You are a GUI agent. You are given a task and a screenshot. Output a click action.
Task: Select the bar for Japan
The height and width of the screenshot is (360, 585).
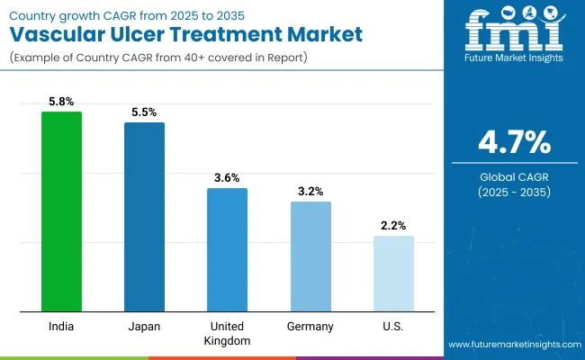click(144, 217)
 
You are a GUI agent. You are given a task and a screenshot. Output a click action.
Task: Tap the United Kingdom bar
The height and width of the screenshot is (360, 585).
click(227, 250)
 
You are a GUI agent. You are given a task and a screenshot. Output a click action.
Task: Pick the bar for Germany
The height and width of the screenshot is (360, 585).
click(310, 256)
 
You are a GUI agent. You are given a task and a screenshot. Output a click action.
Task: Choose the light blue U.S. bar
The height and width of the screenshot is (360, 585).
click(393, 274)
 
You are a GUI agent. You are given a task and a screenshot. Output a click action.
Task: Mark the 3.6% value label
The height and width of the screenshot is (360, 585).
click(227, 179)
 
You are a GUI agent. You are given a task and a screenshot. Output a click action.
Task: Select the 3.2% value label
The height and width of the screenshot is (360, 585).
click(310, 192)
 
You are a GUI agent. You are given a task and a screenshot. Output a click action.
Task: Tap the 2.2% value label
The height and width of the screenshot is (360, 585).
click(393, 226)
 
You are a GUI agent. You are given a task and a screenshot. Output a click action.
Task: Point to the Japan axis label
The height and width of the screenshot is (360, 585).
click(144, 326)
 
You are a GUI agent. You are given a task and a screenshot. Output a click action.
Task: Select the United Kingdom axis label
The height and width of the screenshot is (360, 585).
click(227, 333)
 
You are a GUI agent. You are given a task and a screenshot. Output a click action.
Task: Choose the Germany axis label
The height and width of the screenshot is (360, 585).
click(310, 326)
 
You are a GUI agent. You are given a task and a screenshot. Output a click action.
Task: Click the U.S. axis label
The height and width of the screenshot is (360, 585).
click(393, 326)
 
